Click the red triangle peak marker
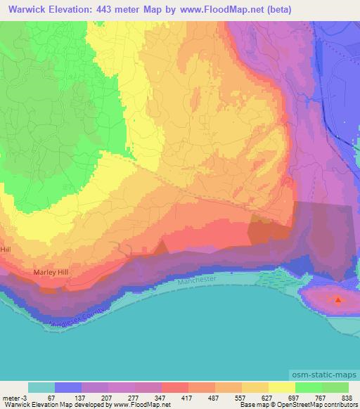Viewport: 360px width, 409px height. (338, 301)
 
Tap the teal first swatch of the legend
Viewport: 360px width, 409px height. (41, 387)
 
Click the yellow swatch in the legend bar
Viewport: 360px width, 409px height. (282, 387)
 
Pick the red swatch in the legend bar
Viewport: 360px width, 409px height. (175, 387)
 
